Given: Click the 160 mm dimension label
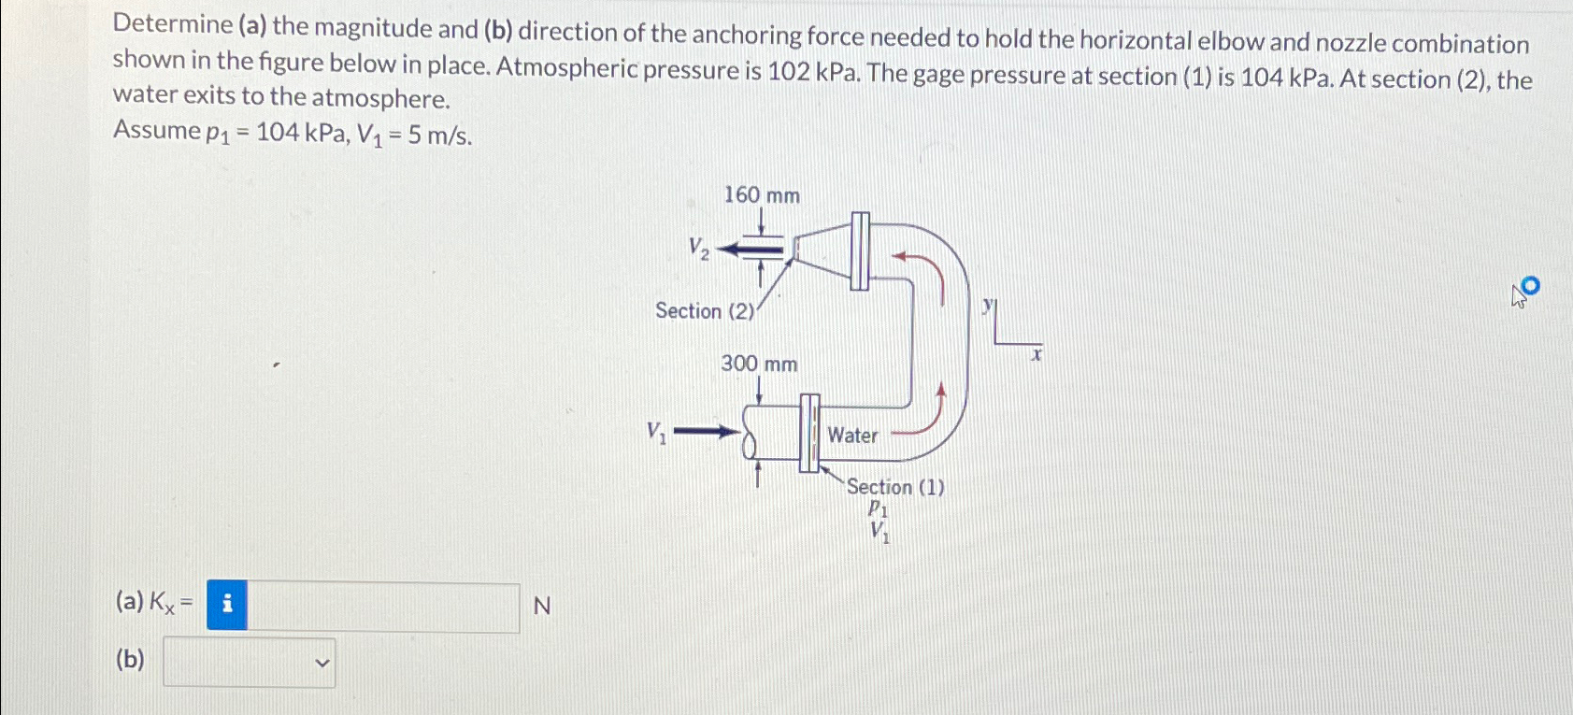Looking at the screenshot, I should tap(762, 195).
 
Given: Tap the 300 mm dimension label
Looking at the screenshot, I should tap(759, 364).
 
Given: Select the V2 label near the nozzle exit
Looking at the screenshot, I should tap(698, 248).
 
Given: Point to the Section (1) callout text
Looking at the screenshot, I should tap(895, 487).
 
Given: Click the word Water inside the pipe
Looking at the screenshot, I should tap(852, 436).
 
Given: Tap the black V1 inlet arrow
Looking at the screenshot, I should tap(707, 432).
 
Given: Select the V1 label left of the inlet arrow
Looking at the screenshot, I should tap(657, 432).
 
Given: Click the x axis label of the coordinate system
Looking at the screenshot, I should tap(1036, 355).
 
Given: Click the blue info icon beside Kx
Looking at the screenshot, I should tap(227, 606).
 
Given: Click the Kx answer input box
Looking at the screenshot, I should tap(383, 607).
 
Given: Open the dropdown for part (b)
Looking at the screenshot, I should tap(250, 663).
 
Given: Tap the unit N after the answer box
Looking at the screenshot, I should tap(541, 607).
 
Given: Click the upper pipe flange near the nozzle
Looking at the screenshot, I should tap(860, 250).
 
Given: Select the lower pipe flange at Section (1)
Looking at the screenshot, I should tap(809, 433).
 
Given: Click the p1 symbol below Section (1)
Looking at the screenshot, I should tap(878, 509).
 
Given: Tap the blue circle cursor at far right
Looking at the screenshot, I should tap(1529, 285).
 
